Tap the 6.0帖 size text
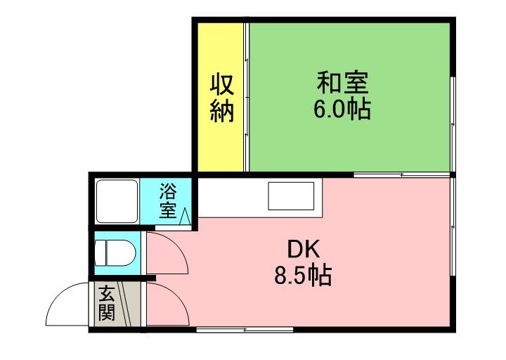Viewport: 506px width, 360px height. pos(342,110)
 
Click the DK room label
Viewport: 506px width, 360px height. pos(304,249)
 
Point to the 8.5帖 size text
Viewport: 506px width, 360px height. pos(304,275)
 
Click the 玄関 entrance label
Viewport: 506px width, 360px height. pos(106,303)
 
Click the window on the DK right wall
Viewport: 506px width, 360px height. pos(453,225)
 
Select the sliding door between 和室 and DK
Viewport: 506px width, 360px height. pos(401,174)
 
